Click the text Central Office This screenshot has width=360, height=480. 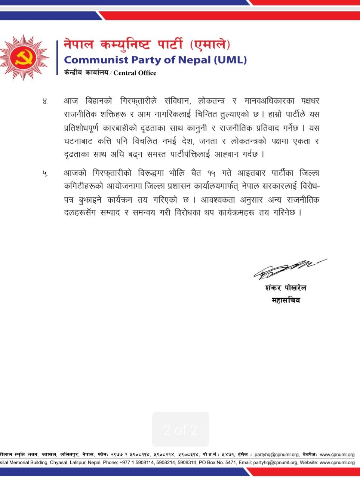(x=135, y=73)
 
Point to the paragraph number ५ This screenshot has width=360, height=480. (x=45, y=173)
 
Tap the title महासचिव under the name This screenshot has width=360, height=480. (x=286, y=300)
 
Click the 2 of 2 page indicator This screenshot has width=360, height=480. (x=181, y=430)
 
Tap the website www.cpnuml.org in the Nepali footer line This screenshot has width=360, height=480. (x=337, y=455)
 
